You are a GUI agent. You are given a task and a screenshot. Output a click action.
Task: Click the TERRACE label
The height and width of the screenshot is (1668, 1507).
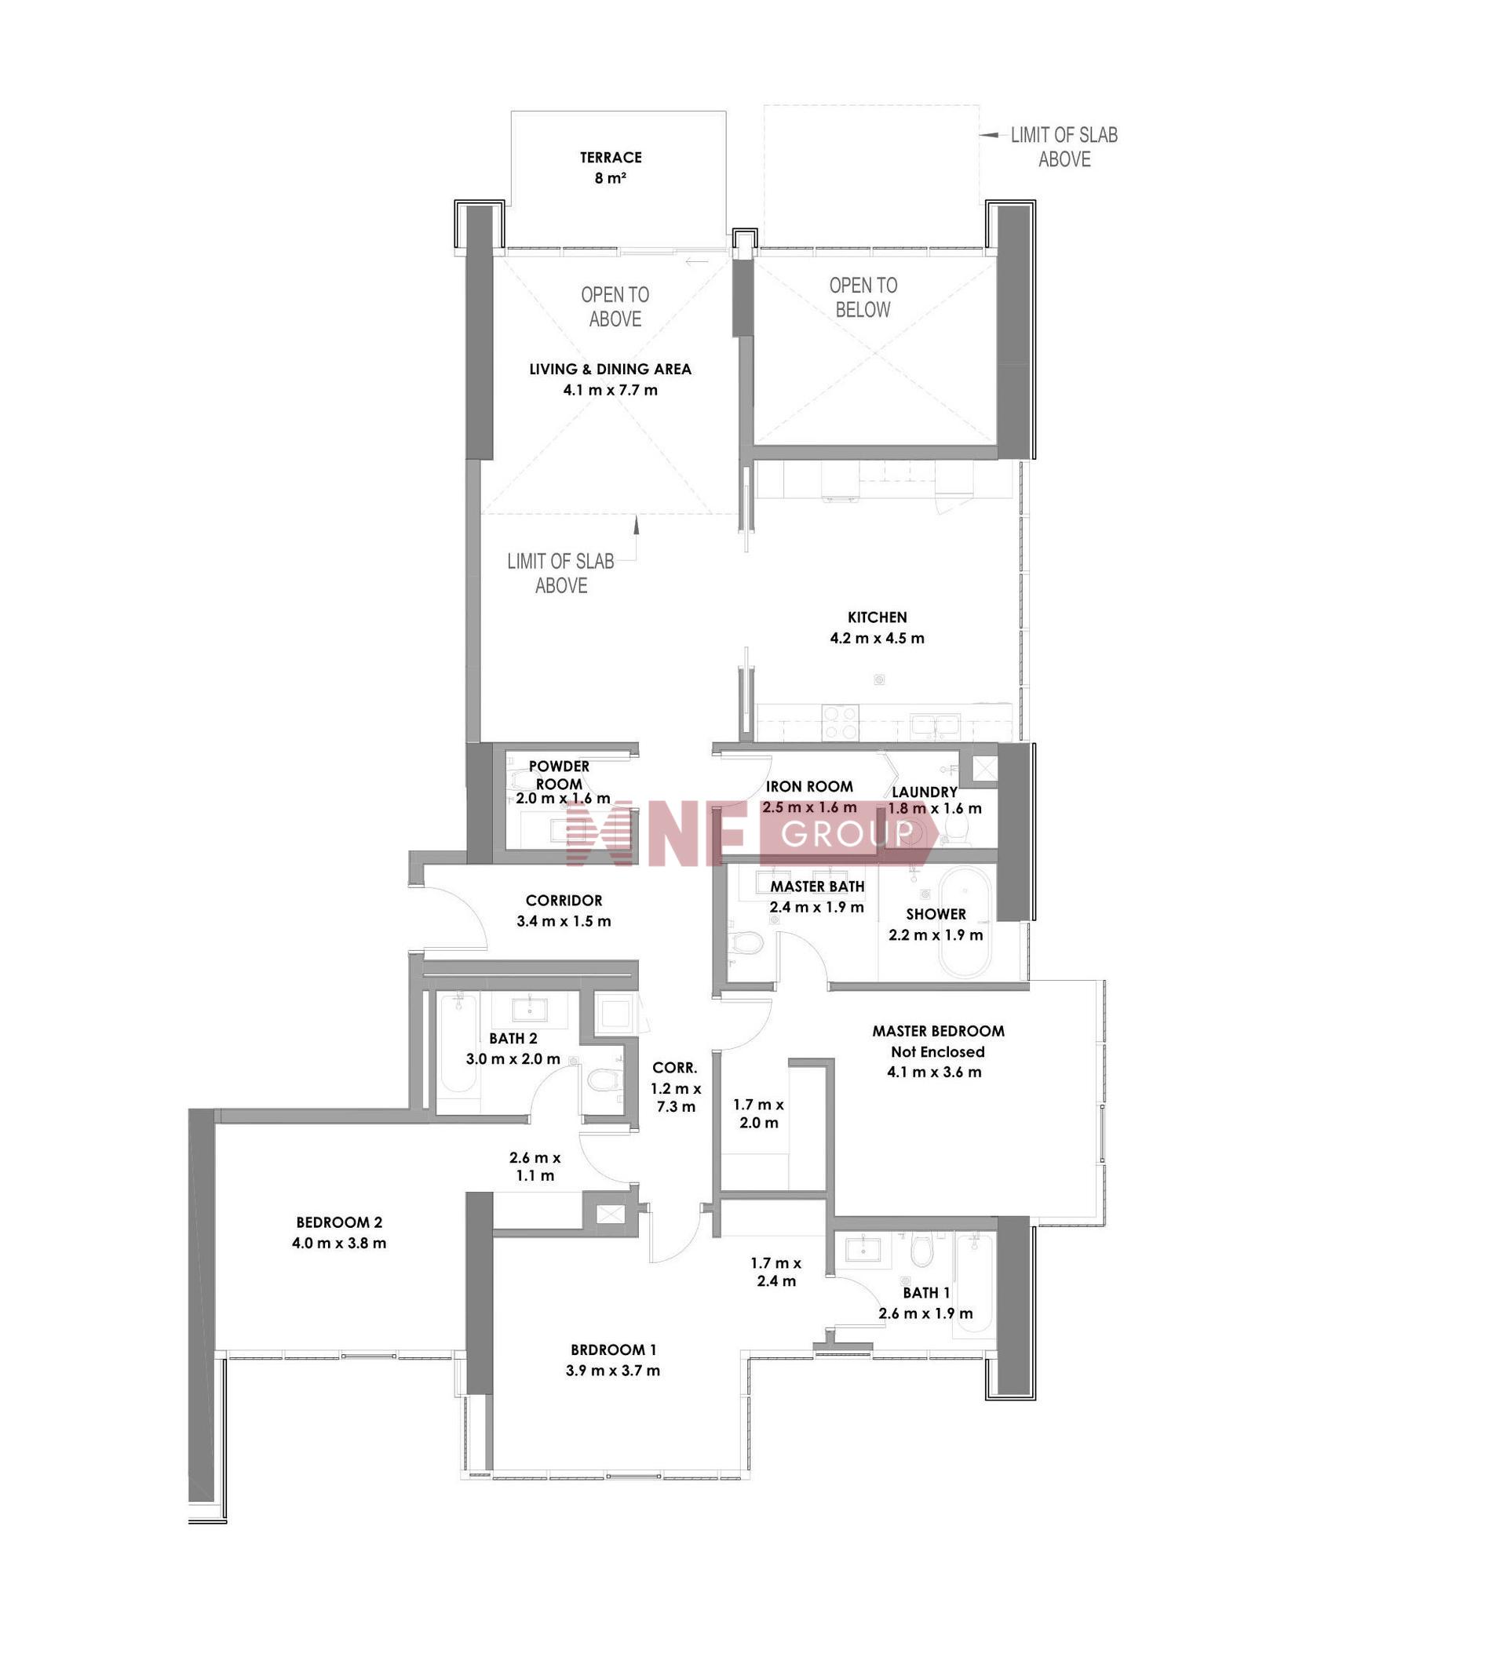(611, 157)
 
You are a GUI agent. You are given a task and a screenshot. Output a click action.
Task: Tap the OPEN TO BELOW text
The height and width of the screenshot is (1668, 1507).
(863, 297)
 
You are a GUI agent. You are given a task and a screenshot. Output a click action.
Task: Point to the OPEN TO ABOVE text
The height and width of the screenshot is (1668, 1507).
(615, 307)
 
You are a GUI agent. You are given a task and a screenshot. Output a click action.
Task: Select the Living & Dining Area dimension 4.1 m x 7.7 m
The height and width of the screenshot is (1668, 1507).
(611, 390)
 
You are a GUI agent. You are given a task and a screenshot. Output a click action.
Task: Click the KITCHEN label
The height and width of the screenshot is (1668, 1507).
(878, 617)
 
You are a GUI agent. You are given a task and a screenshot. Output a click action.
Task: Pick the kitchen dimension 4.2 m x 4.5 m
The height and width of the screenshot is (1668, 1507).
(878, 638)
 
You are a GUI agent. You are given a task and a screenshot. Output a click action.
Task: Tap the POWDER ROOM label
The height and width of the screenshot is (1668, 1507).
(560, 774)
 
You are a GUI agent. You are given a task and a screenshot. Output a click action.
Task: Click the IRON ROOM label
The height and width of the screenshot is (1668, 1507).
(809, 786)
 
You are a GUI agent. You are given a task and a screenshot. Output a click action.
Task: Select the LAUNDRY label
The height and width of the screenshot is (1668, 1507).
(925, 792)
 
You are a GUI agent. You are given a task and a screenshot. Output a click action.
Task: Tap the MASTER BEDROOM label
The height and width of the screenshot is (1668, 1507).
(939, 1031)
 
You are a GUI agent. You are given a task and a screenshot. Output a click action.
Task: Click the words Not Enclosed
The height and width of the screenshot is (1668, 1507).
(938, 1051)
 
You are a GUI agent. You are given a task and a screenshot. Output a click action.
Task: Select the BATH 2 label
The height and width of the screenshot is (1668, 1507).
(513, 1038)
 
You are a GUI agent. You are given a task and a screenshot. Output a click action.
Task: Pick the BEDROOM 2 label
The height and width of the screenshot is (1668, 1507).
(339, 1222)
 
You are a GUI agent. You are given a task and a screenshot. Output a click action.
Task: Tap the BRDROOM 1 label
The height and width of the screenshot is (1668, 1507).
(613, 1349)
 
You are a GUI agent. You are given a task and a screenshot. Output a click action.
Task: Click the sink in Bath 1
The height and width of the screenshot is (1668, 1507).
(867, 1249)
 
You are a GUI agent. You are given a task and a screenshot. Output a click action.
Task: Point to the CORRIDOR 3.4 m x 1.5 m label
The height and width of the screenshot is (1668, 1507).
(564, 910)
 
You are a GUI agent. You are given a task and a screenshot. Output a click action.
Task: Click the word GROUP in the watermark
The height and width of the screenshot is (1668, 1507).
(847, 834)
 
